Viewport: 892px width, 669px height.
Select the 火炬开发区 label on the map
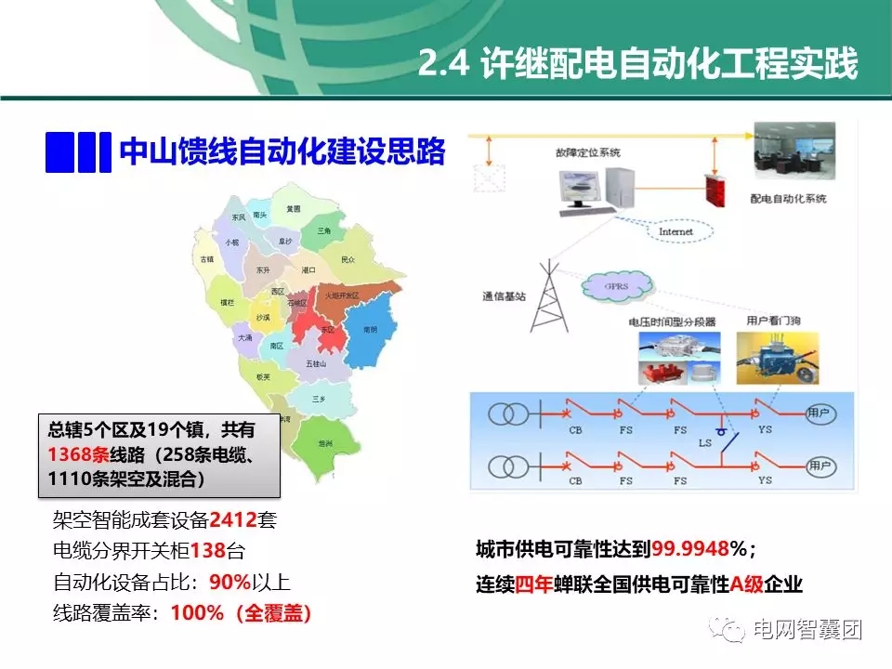[x=340, y=294]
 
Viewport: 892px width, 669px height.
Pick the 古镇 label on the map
[x=206, y=258]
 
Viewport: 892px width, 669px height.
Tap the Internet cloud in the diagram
[x=676, y=230]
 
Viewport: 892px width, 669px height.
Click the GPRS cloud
[x=617, y=286]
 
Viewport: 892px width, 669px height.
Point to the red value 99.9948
[x=690, y=550]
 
